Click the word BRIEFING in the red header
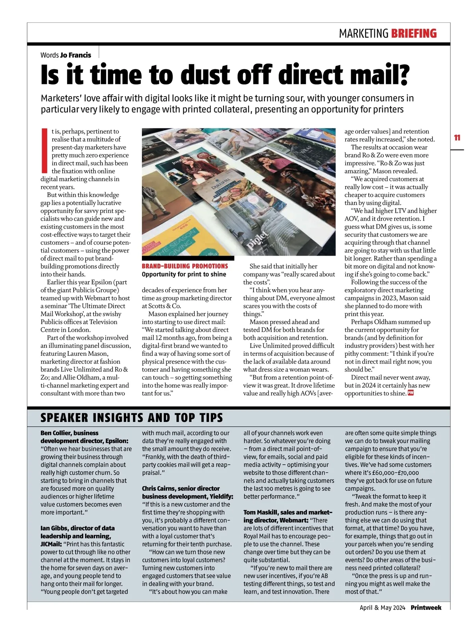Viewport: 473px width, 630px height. [413, 33]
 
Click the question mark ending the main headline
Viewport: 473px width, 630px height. [402, 74]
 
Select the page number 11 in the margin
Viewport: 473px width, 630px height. [457, 138]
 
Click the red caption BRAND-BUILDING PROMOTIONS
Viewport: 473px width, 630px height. [185, 266]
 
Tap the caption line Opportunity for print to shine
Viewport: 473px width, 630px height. [184, 274]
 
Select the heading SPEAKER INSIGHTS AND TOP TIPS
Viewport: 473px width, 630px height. [132, 418]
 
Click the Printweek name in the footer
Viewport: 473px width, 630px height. [426, 608]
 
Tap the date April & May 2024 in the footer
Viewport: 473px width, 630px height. [382, 608]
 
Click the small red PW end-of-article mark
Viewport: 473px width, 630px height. [410, 393]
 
